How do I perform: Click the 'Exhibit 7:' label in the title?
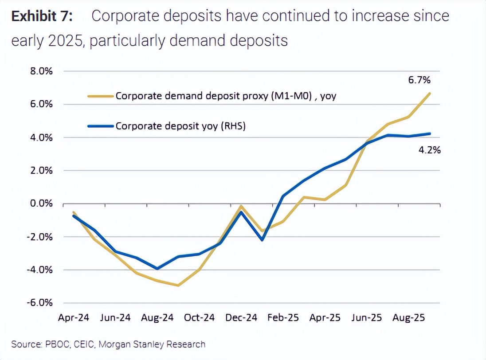click(43, 16)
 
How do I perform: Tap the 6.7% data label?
click(419, 81)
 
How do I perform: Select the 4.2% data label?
click(429, 150)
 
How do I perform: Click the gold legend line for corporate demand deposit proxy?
click(101, 95)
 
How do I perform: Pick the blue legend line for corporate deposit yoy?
click(101, 126)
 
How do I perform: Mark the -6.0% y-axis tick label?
click(40, 303)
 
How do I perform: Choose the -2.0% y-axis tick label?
click(40, 237)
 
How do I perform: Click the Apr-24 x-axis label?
click(74, 318)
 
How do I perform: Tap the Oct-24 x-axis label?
click(200, 318)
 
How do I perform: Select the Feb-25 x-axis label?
click(283, 318)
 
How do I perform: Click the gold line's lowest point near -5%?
click(178, 286)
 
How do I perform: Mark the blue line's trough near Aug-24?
click(157, 269)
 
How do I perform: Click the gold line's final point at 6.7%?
click(430, 93)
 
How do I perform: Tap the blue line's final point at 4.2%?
click(430, 133)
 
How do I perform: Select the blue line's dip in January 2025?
click(262, 240)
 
